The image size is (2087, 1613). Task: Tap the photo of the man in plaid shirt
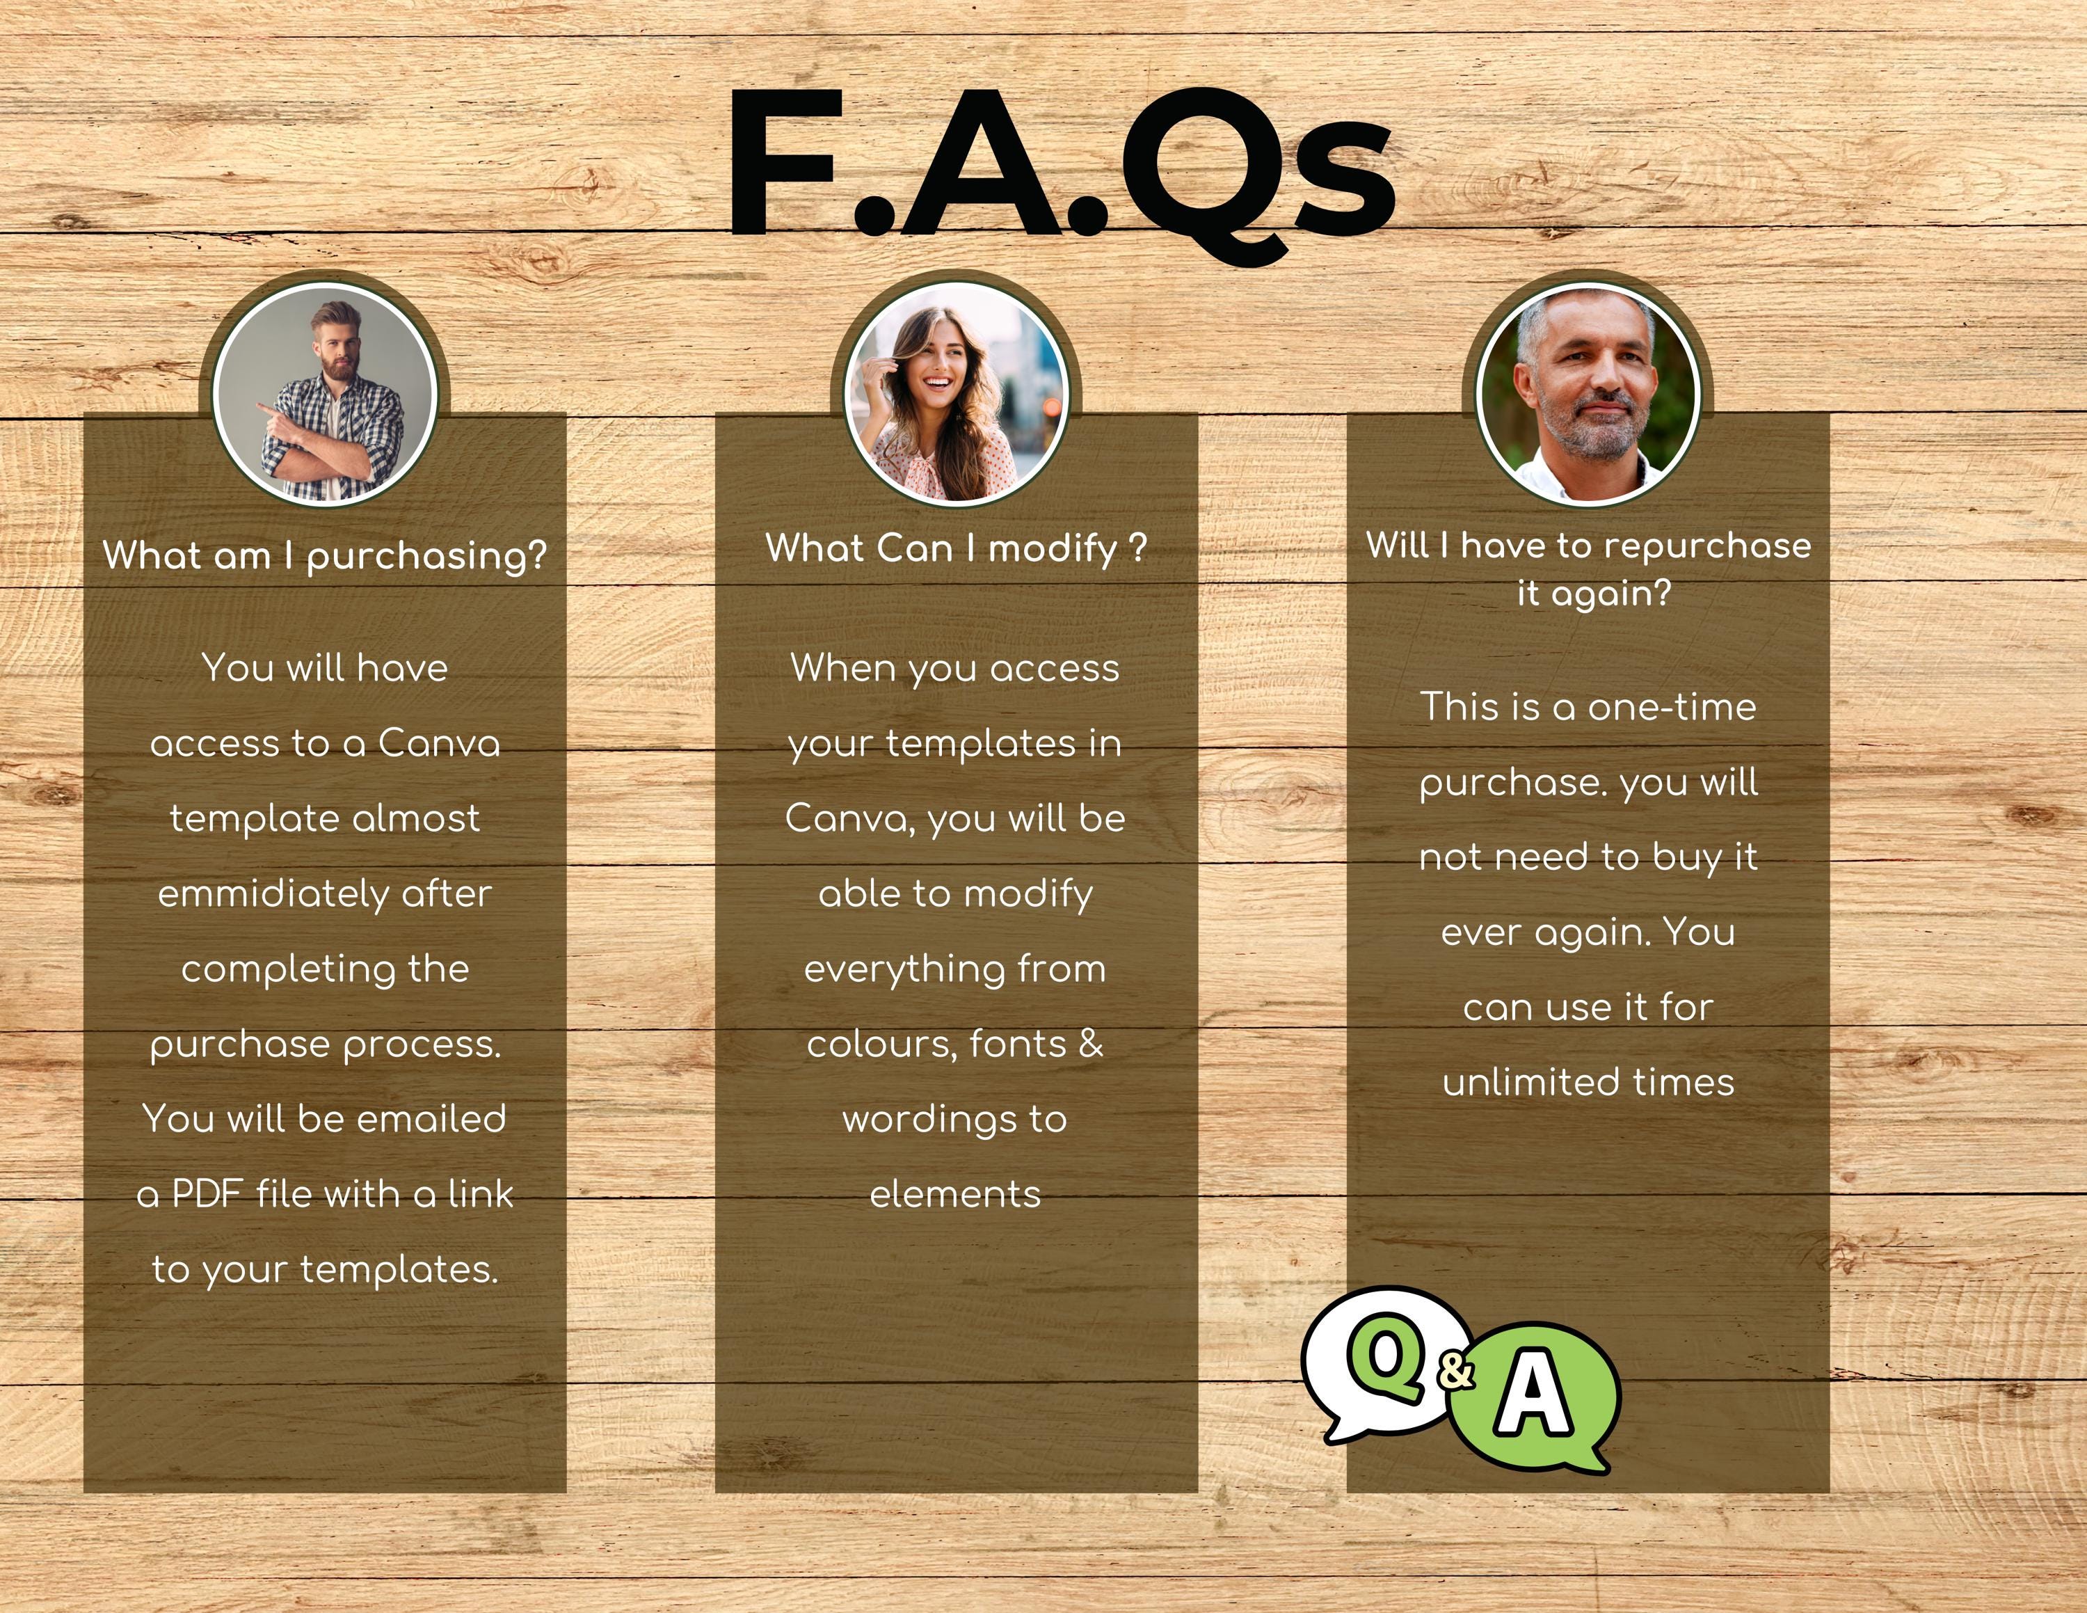(325, 395)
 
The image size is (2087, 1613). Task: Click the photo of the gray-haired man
(1588, 395)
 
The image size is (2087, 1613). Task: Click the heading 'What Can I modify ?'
(956, 548)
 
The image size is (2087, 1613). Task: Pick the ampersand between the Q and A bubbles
(1455, 1370)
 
